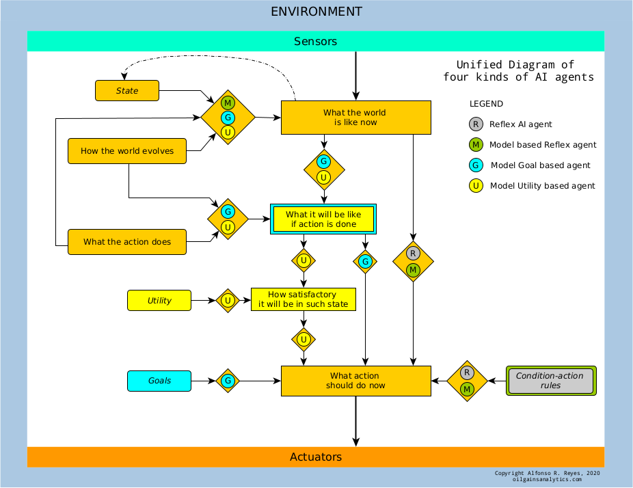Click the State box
(x=127, y=90)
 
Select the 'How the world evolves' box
(x=127, y=151)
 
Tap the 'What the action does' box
(x=127, y=242)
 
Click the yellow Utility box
(x=159, y=300)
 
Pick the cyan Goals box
(x=159, y=381)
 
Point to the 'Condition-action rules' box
(x=551, y=381)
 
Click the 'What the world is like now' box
(x=355, y=118)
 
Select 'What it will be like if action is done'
(x=323, y=219)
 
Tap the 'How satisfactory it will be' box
(x=304, y=299)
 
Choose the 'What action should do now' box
(x=355, y=381)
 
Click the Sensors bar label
(x=315, y=41)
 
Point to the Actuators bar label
(x=316, y=457)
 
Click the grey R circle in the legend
(x=476, y=124)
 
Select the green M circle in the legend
(x=476, y=144)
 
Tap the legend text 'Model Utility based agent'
(x=542, y=186)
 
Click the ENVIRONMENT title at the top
(x=316, y=12)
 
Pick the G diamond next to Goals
(x=228, y=381)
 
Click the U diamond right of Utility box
(x=228, y=300)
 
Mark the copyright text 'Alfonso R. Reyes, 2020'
(x=563, y=473)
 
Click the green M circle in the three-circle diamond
(x=228, y=103)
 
